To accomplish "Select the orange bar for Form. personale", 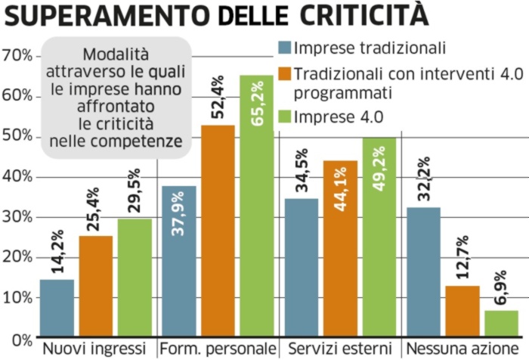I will [x=218, y=231].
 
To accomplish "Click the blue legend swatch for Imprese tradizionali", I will [x=284, y=48].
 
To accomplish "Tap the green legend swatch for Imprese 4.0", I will [x=284, y=116].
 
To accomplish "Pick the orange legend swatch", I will [x=284, y=76].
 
